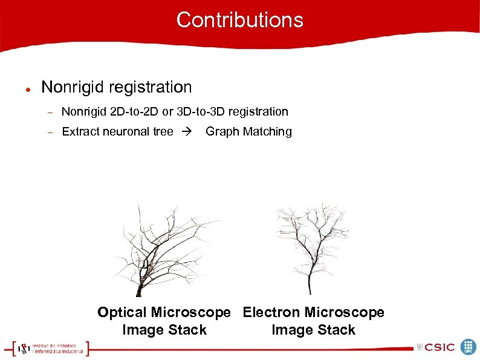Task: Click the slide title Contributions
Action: (x=239, y=20)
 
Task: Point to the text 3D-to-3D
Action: (x=203, y=111)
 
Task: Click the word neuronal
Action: (x=126, y=131)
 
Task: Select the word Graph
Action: (x=221, y=131)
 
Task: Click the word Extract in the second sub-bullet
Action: (x=81, y=131)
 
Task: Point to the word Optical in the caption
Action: (x=122, y=312)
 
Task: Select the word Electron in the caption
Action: (x=271, y=312)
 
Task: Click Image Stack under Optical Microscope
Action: (x=164, y=330)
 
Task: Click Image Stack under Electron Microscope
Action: (x=313, y=330)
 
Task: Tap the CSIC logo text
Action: (x=439, y=347)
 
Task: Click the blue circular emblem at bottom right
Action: (x=469, y=347)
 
